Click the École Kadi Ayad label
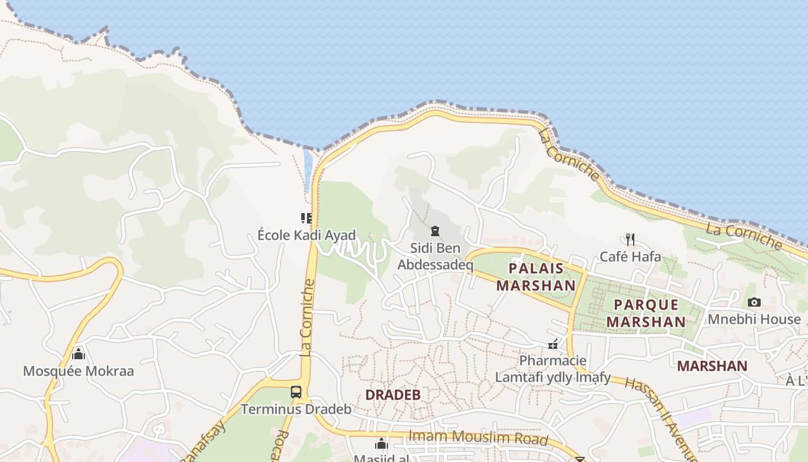click(306, 235)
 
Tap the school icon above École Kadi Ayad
click(306, 218)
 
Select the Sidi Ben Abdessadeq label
click(435, 257)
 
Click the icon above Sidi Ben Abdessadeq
click(435, 232)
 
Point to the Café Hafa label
click(630, 256)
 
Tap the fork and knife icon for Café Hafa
click(630, 239)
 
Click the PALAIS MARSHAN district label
click(536, 277)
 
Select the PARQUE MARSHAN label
click(646, 313)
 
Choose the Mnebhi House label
click(754, 319)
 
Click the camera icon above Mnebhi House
click(754, 302)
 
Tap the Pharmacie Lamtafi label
click(553, 369)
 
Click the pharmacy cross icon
click(553, 344)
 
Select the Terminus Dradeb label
click(296, 409)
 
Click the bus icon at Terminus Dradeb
click(296, 392)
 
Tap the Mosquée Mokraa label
click(78, 371)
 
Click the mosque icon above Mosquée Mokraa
click(78, 353)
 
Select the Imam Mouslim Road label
click(477, 437)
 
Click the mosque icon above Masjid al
click(381, 444)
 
